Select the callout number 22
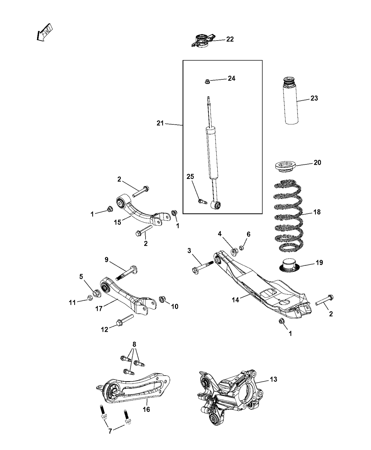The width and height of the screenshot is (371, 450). click(x=230, y=39)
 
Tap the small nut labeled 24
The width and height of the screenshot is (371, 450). click(x=208, y=82)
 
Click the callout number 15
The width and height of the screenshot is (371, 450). click(x=117, y=222)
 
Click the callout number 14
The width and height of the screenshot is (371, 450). click(x=235, y=299)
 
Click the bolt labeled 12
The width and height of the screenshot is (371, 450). click(x=124, y=319)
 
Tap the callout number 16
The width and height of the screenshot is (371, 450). click(x=146, y=409)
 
